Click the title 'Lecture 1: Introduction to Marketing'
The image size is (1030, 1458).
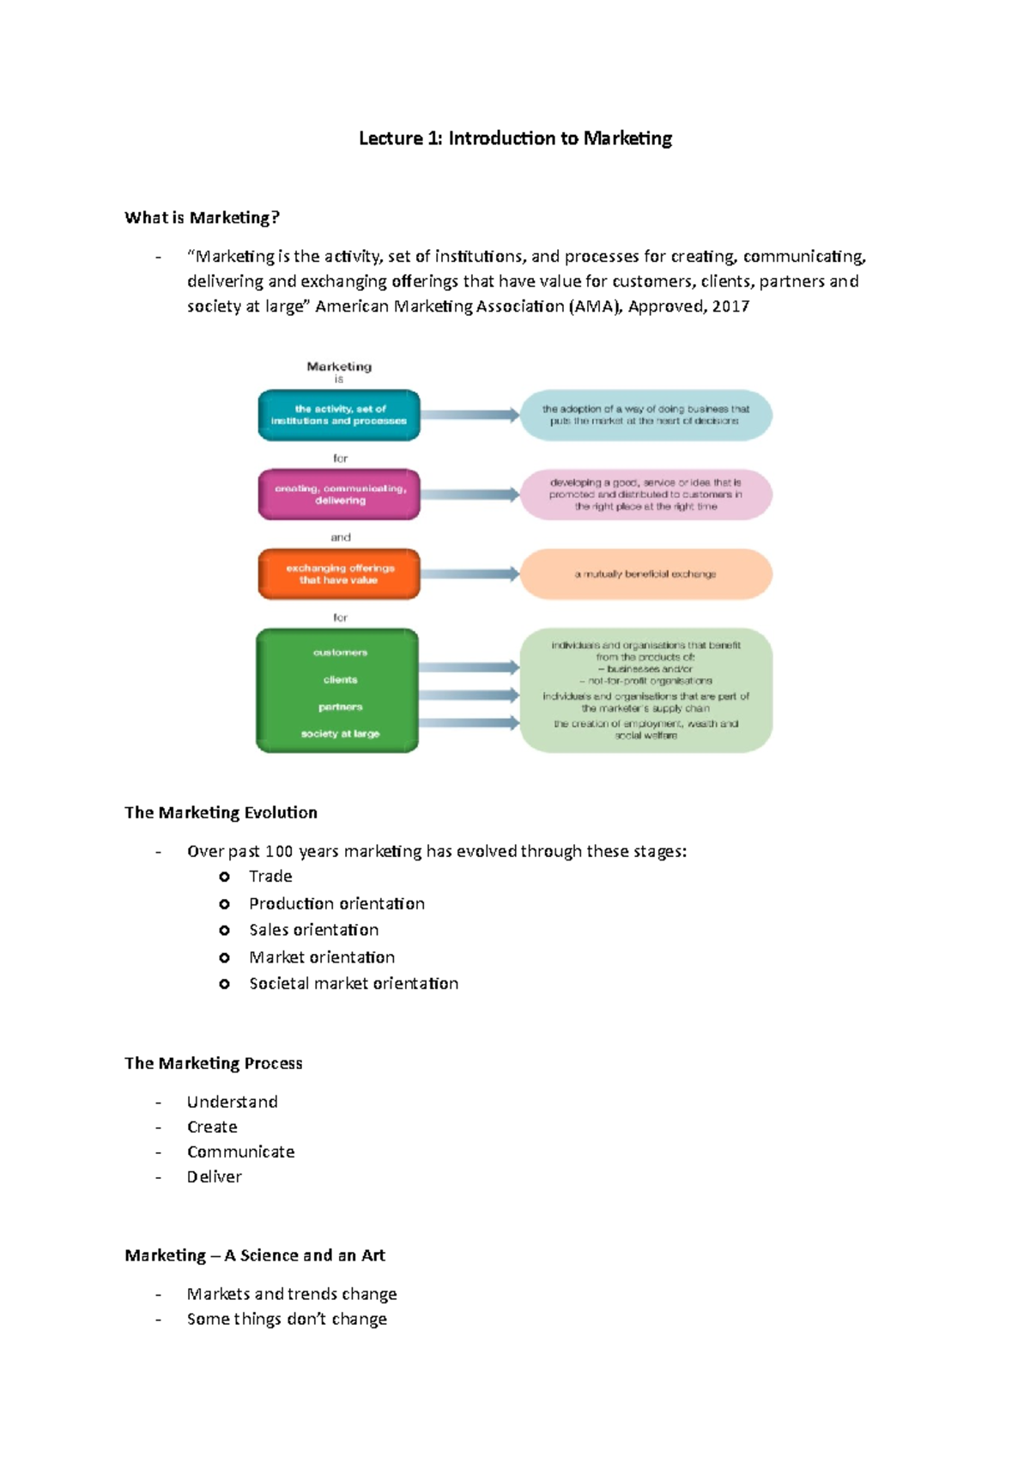pyautogui.click(x=515, y=138)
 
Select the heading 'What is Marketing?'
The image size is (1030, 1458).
pyautogui.click(x=202, y=217)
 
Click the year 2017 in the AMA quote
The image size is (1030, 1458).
pyautogui.click(x=730, y=307)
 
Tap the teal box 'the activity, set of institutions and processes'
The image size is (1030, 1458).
pyautogui.click(x=339, y=415)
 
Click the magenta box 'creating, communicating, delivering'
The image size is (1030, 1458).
pyautogui.click(x=339, y=495)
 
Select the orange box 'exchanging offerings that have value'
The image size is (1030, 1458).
pyautogui.click(x=339, y=574)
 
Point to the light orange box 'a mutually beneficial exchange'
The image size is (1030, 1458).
pyautogui.click(x=645, y=574)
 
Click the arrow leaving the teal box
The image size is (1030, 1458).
pyautogui.click(x=470, y=415)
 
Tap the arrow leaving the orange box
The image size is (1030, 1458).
pyautogui.click(x=470, y=574)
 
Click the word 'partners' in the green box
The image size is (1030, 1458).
pyautogui.click(x=340, y=707)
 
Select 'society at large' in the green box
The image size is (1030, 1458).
pyautogui.click(x=340, y=734)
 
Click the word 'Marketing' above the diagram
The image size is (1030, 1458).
pyautogui.click(x=339, y=367)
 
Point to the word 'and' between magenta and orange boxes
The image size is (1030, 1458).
pyautogui.click(x=341, y=538)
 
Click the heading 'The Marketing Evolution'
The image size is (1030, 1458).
pyautogui.click(x=221, y=812)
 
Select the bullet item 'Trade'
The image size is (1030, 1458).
pyautogui.click(x=270, y=877)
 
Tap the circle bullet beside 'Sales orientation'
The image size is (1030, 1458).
pyautogui.click(x=224, y=931)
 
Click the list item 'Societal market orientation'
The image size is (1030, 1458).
pyautogui.click(x=354, y=984)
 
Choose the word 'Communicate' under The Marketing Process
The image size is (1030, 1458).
pyautogui.click(x=240, y=1152)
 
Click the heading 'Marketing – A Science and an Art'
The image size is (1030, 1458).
pyautogui.click(x=255, y=1255)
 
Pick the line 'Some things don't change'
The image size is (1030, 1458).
pyautogui.click(x=287, y=1319)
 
